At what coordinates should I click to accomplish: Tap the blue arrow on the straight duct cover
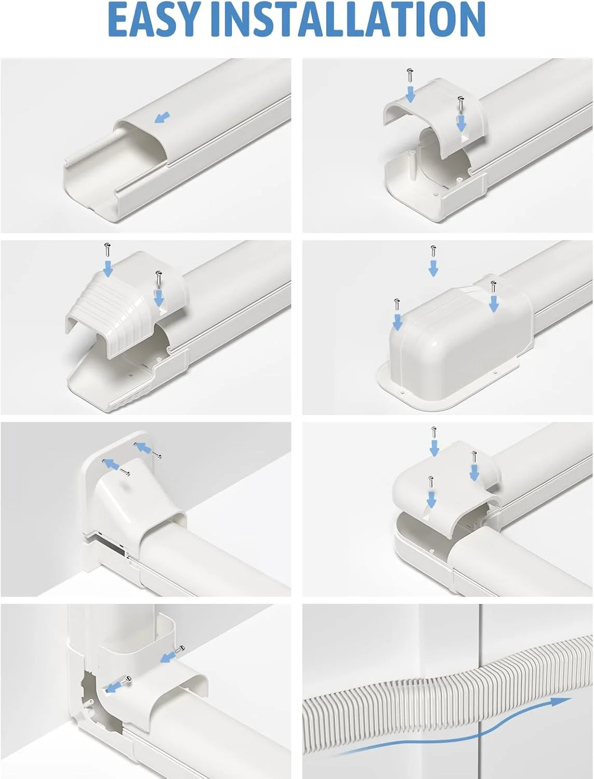(162, 117)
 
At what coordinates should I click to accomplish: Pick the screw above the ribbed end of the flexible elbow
(107, 250)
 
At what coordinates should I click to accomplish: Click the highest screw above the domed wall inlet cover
(433, 252)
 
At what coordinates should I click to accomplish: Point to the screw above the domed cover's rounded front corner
(397, 305)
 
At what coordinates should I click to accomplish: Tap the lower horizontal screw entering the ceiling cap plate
(124, 471)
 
